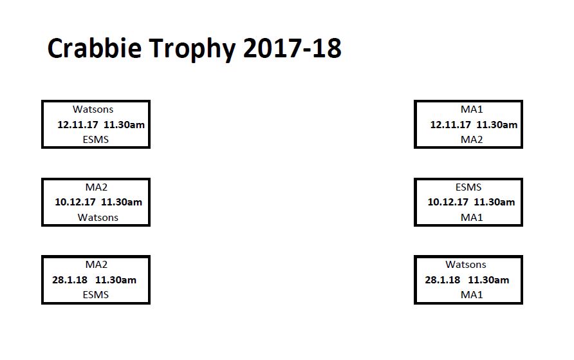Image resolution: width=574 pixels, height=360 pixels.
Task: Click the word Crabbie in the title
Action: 95,48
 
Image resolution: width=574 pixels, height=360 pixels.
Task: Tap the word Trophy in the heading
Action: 192,50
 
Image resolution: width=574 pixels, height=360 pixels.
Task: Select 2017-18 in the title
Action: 292,48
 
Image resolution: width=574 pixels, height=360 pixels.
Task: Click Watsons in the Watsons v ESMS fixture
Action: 93,109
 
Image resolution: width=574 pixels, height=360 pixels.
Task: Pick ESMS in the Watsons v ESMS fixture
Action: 96,140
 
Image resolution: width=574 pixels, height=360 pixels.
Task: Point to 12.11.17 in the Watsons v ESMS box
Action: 78,124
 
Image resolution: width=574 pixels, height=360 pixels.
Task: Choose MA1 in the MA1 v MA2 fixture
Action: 472,109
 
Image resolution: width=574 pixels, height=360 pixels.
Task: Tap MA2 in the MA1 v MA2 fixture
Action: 472,140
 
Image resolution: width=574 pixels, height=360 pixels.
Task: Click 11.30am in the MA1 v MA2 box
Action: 497,124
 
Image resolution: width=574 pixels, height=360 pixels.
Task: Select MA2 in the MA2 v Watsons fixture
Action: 97,187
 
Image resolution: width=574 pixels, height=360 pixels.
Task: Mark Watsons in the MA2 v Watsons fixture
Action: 98,218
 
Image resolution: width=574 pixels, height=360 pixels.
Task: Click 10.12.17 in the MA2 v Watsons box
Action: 75,202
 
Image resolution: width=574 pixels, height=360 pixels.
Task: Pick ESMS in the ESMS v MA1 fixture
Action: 468,187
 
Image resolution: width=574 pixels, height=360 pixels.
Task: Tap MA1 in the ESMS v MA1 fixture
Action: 472,218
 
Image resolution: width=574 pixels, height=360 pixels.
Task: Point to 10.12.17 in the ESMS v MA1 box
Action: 448,202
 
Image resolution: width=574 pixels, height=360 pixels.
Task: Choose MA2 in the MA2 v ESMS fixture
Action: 97,265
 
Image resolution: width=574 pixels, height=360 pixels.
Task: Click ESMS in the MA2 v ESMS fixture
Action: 96,295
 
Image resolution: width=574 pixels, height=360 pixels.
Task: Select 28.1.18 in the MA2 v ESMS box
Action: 70,279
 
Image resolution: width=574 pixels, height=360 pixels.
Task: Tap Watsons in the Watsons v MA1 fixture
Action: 466,265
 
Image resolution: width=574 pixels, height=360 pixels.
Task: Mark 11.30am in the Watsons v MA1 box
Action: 488,279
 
